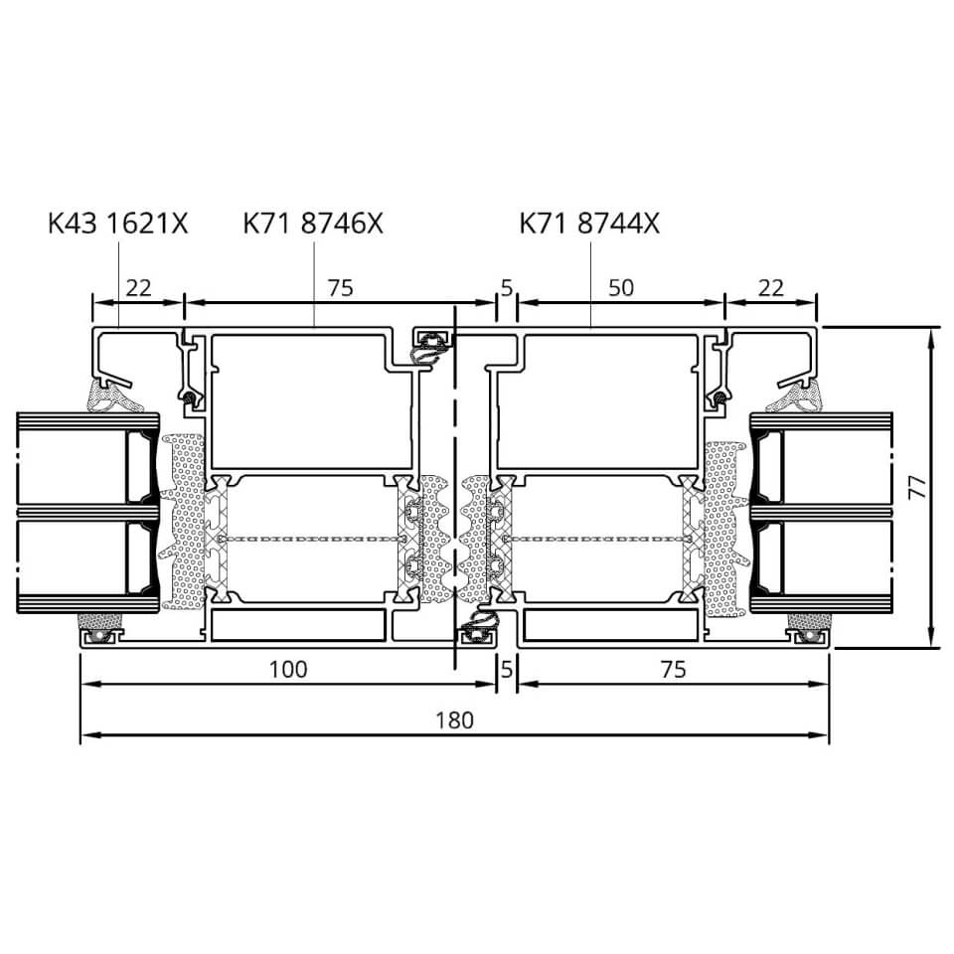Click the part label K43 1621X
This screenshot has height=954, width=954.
point(118,224)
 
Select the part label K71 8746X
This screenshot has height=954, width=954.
point(313,224)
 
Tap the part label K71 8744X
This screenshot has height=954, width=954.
point(589,224)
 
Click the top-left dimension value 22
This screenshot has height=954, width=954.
point(138,288)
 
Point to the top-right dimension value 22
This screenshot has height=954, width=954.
point(771,288)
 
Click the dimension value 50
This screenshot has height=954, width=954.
point(620,288)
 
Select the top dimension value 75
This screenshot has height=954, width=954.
point(340,288)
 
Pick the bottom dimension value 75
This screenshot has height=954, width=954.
point(673,669)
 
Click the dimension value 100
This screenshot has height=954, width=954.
point(288,669)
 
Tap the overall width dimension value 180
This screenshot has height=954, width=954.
point(454,720)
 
